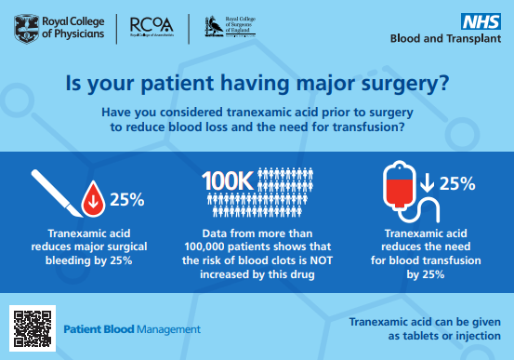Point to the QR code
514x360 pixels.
[31, 327]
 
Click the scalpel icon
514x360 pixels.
[53, 194]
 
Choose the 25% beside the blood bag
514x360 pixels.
[458, 184]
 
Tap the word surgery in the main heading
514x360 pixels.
[402, 86]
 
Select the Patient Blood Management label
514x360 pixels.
[132, 329]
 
